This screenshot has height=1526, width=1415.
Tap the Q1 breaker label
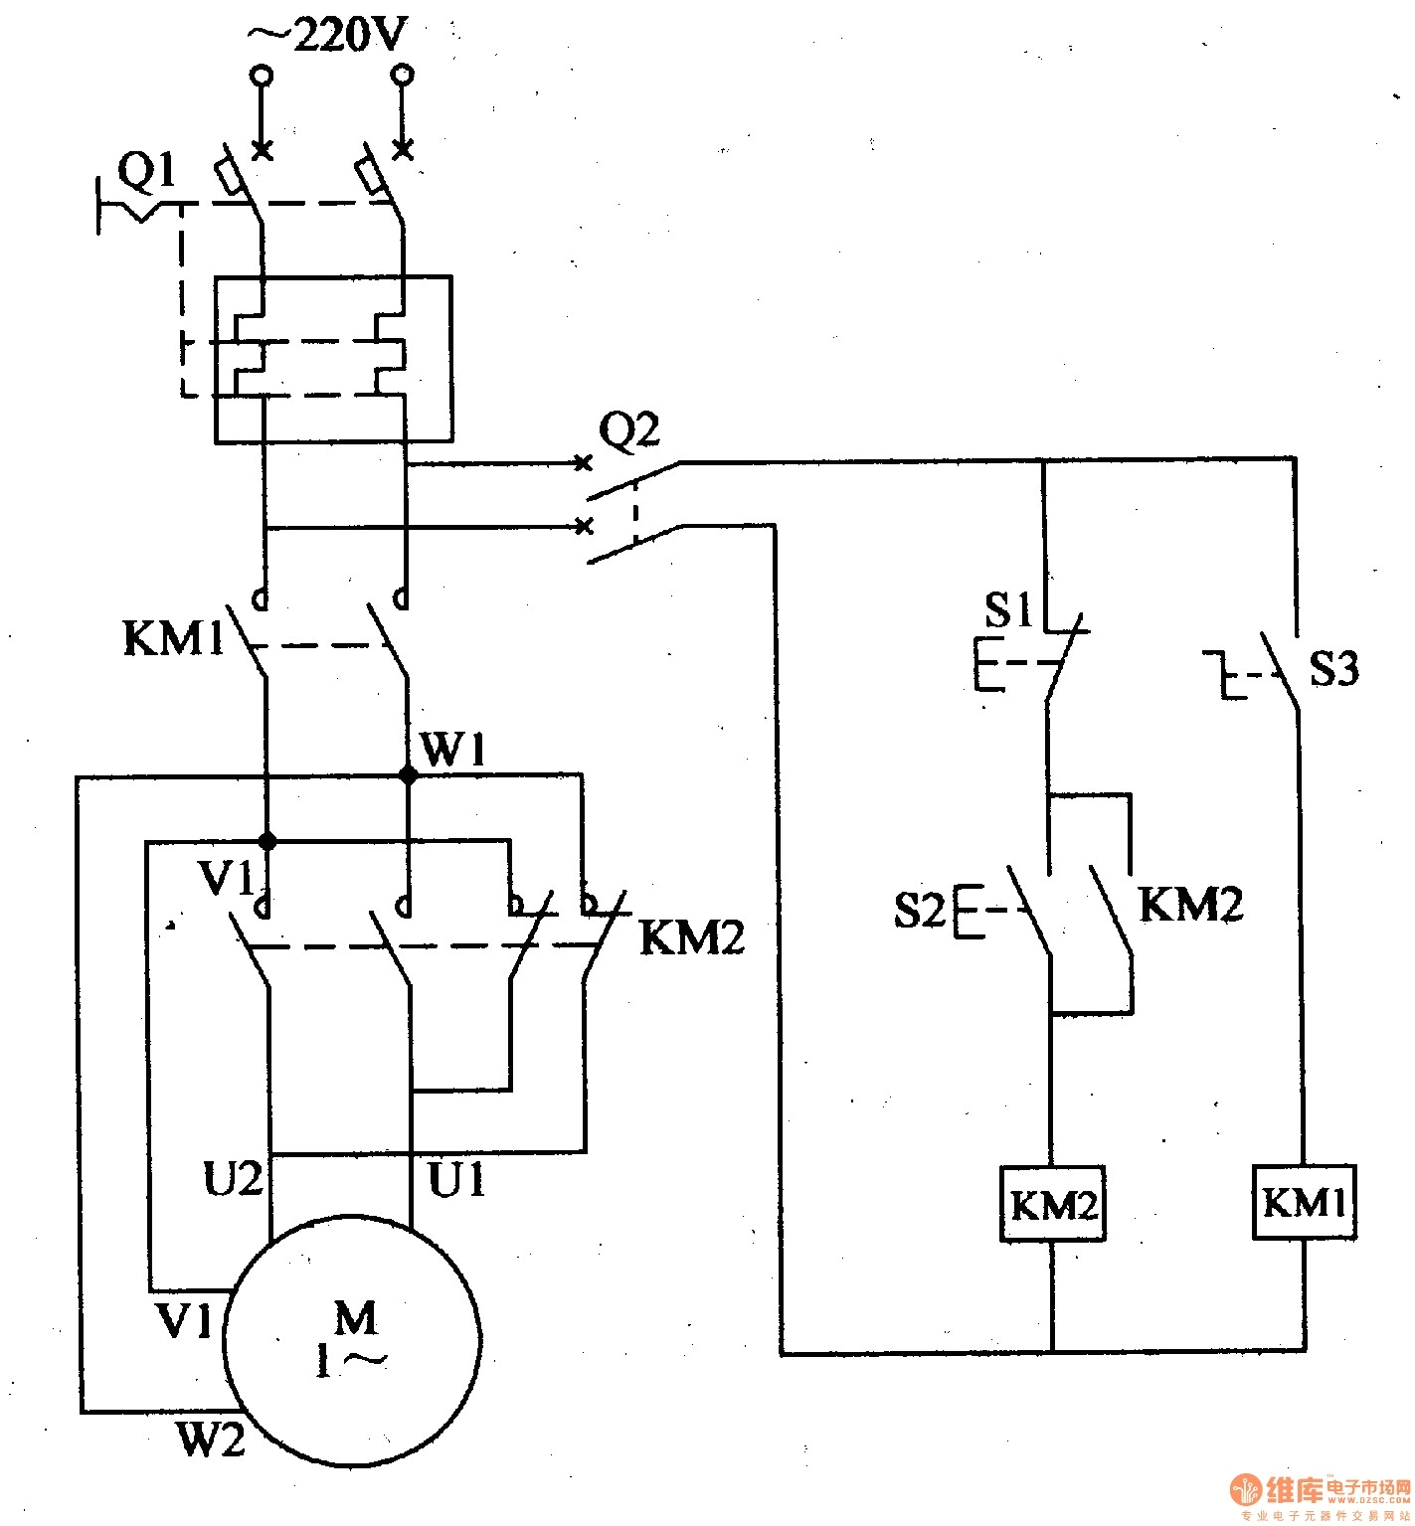click(x=147, y=175)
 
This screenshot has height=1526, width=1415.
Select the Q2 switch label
click(x=628, y=430)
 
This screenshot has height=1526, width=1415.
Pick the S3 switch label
click(x=1332, y=670)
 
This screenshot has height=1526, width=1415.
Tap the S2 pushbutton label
click(x=919, y=910)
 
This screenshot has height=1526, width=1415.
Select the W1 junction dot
click(x=408, y=775)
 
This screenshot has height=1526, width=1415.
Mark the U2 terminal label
click(x=233, y=1180)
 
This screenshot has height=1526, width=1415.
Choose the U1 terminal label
click(x=456, y=1180)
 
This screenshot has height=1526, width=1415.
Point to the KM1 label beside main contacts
click(x=174, y=639)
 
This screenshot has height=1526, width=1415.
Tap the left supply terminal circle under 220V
click(x=262, y=75)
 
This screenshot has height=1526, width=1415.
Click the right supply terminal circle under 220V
click(x=403, y=75)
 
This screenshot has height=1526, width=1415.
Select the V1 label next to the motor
click(x=185, y=1322)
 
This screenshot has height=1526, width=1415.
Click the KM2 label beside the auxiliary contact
click(x=1189, y=905)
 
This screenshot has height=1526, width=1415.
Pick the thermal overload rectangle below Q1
click(x=333, y=359)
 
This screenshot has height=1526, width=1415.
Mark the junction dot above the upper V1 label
click(x=266, y=841)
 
